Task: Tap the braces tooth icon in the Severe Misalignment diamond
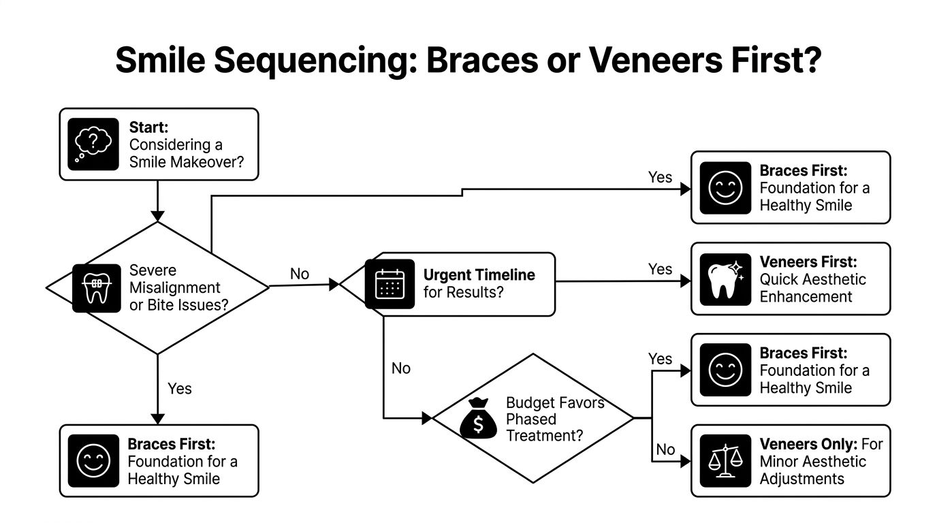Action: [91, 288]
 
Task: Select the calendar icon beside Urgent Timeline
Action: [390, 284]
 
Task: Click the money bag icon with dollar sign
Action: [479, 418]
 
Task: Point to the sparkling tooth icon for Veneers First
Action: [720, 279]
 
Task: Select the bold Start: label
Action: [148, 127]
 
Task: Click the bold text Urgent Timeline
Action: [479, 275]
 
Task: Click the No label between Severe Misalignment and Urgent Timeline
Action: [300, 274]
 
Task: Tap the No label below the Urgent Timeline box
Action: [401, 368]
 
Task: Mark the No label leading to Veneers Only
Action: [665, 449]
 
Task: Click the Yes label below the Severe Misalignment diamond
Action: [180, 388]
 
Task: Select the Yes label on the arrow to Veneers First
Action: [660, 269]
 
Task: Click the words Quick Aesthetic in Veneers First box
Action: [812, 279]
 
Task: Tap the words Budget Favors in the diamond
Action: [555, 402]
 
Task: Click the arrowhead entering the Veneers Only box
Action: [685, 461]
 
